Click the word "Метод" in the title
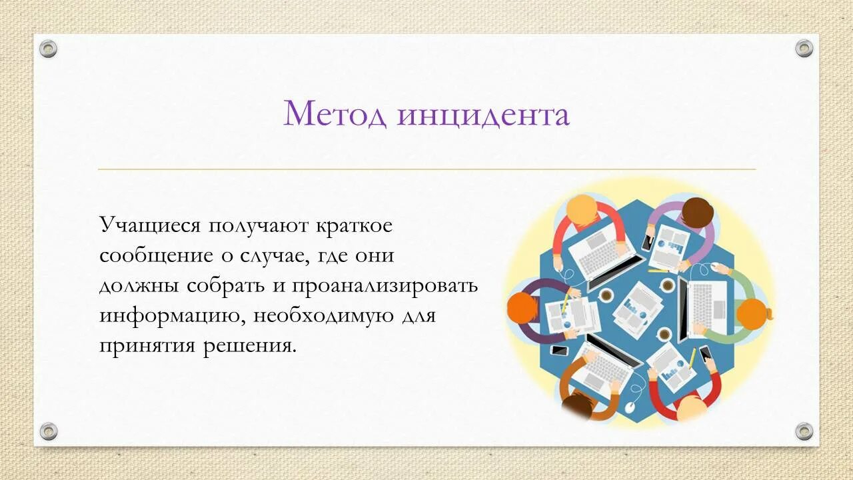(x=335, y=114)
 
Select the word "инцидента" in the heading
(x=483, y=115)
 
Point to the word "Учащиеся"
(x=150, y=225)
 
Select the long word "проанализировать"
(x=385, y=285)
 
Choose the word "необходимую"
(x=323, y=315)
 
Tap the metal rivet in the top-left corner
(x=48, y=48)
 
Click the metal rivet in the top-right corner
(x=804, y=48)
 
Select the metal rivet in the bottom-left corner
(x=48, y=431)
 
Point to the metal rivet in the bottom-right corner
(x=804, y=431)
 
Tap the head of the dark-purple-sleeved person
(x=522, y=308)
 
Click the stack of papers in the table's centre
(x=637, y=307)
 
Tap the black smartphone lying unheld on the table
(x=558, y=351)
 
